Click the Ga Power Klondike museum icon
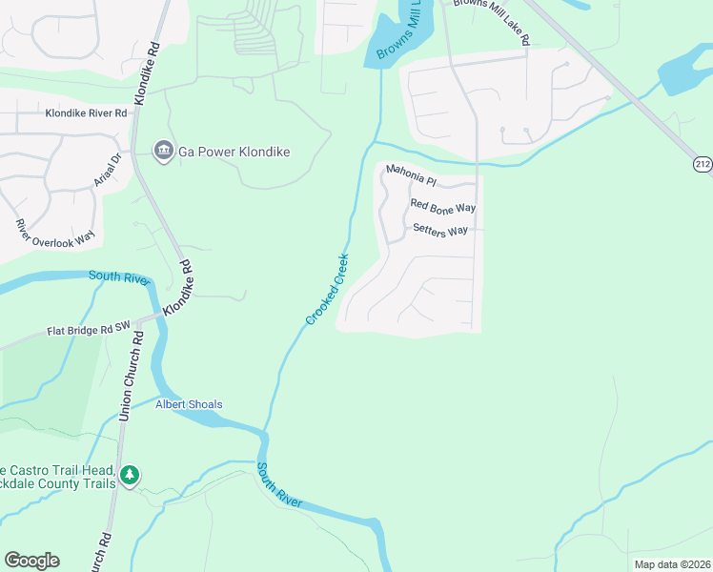coord(164,152)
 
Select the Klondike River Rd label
coord(86,113)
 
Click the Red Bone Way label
coord(442,206)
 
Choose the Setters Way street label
coord(440,230)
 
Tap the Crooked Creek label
coord(328,289)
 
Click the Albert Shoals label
coord(189,404)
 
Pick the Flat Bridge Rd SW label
coord(88,331)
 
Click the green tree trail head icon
coord(130,474)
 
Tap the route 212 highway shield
coord(703,165)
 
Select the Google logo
coord(31,561)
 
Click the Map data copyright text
coord(672,564)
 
